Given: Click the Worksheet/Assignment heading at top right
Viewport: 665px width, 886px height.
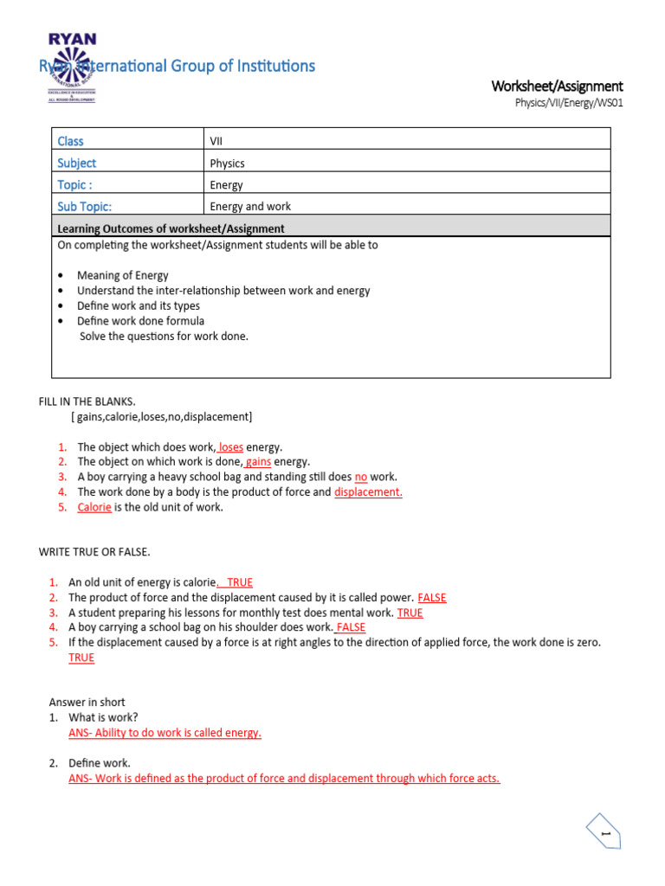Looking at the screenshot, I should [x=557, y=86].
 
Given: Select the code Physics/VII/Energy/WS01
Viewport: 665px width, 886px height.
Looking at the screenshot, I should [x=569, y=103].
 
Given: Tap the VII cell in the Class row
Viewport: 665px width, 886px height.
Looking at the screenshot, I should [x=216, y=141].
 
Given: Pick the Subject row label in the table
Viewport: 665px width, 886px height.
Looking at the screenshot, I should [x=76, y=163].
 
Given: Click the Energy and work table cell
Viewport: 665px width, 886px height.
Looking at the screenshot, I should [x=250, y=207].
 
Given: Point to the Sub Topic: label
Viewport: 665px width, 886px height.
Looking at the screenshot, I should [x=84, y=207].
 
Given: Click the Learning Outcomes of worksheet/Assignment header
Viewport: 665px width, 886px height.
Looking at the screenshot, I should [x=171, y=228].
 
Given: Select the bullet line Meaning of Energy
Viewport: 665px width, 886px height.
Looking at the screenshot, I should [x=123, y=275].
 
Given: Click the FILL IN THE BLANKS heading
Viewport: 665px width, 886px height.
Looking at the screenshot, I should [x=87, y=401].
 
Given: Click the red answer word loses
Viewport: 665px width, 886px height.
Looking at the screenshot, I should [x=231, y=447].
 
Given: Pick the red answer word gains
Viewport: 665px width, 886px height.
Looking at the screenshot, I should [x=259, y=462].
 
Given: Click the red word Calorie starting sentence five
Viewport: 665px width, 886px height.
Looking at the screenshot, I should [x=94, y=507].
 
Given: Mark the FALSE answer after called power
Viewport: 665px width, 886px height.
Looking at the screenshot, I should [x=432, y=598].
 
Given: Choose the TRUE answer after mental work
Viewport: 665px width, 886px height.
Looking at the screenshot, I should [x=410, y=613].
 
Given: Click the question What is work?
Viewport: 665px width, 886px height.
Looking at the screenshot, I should [x=103, y=717].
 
